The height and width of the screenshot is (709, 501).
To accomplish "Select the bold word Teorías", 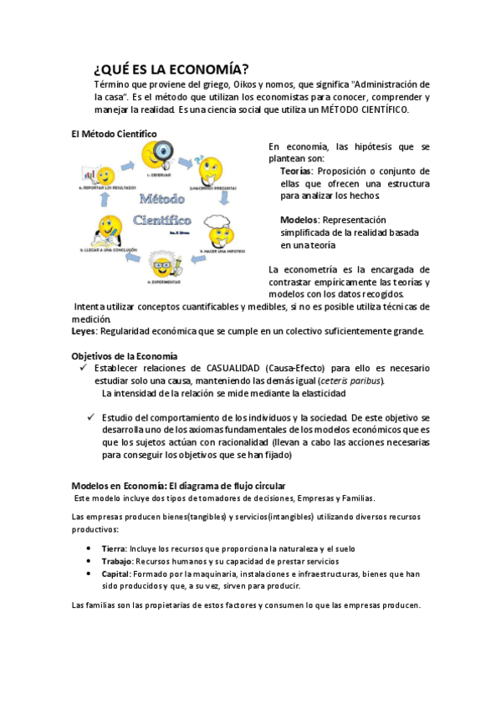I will click(296, 171).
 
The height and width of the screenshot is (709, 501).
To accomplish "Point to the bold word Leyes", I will click(84, 331).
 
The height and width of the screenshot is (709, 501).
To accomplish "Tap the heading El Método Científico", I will click(114, 133).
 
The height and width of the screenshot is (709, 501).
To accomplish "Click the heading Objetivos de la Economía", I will click(125, 356).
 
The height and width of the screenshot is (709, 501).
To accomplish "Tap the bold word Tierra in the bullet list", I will click(115, 548).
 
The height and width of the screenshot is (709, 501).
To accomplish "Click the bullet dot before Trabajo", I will click(89, 562).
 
